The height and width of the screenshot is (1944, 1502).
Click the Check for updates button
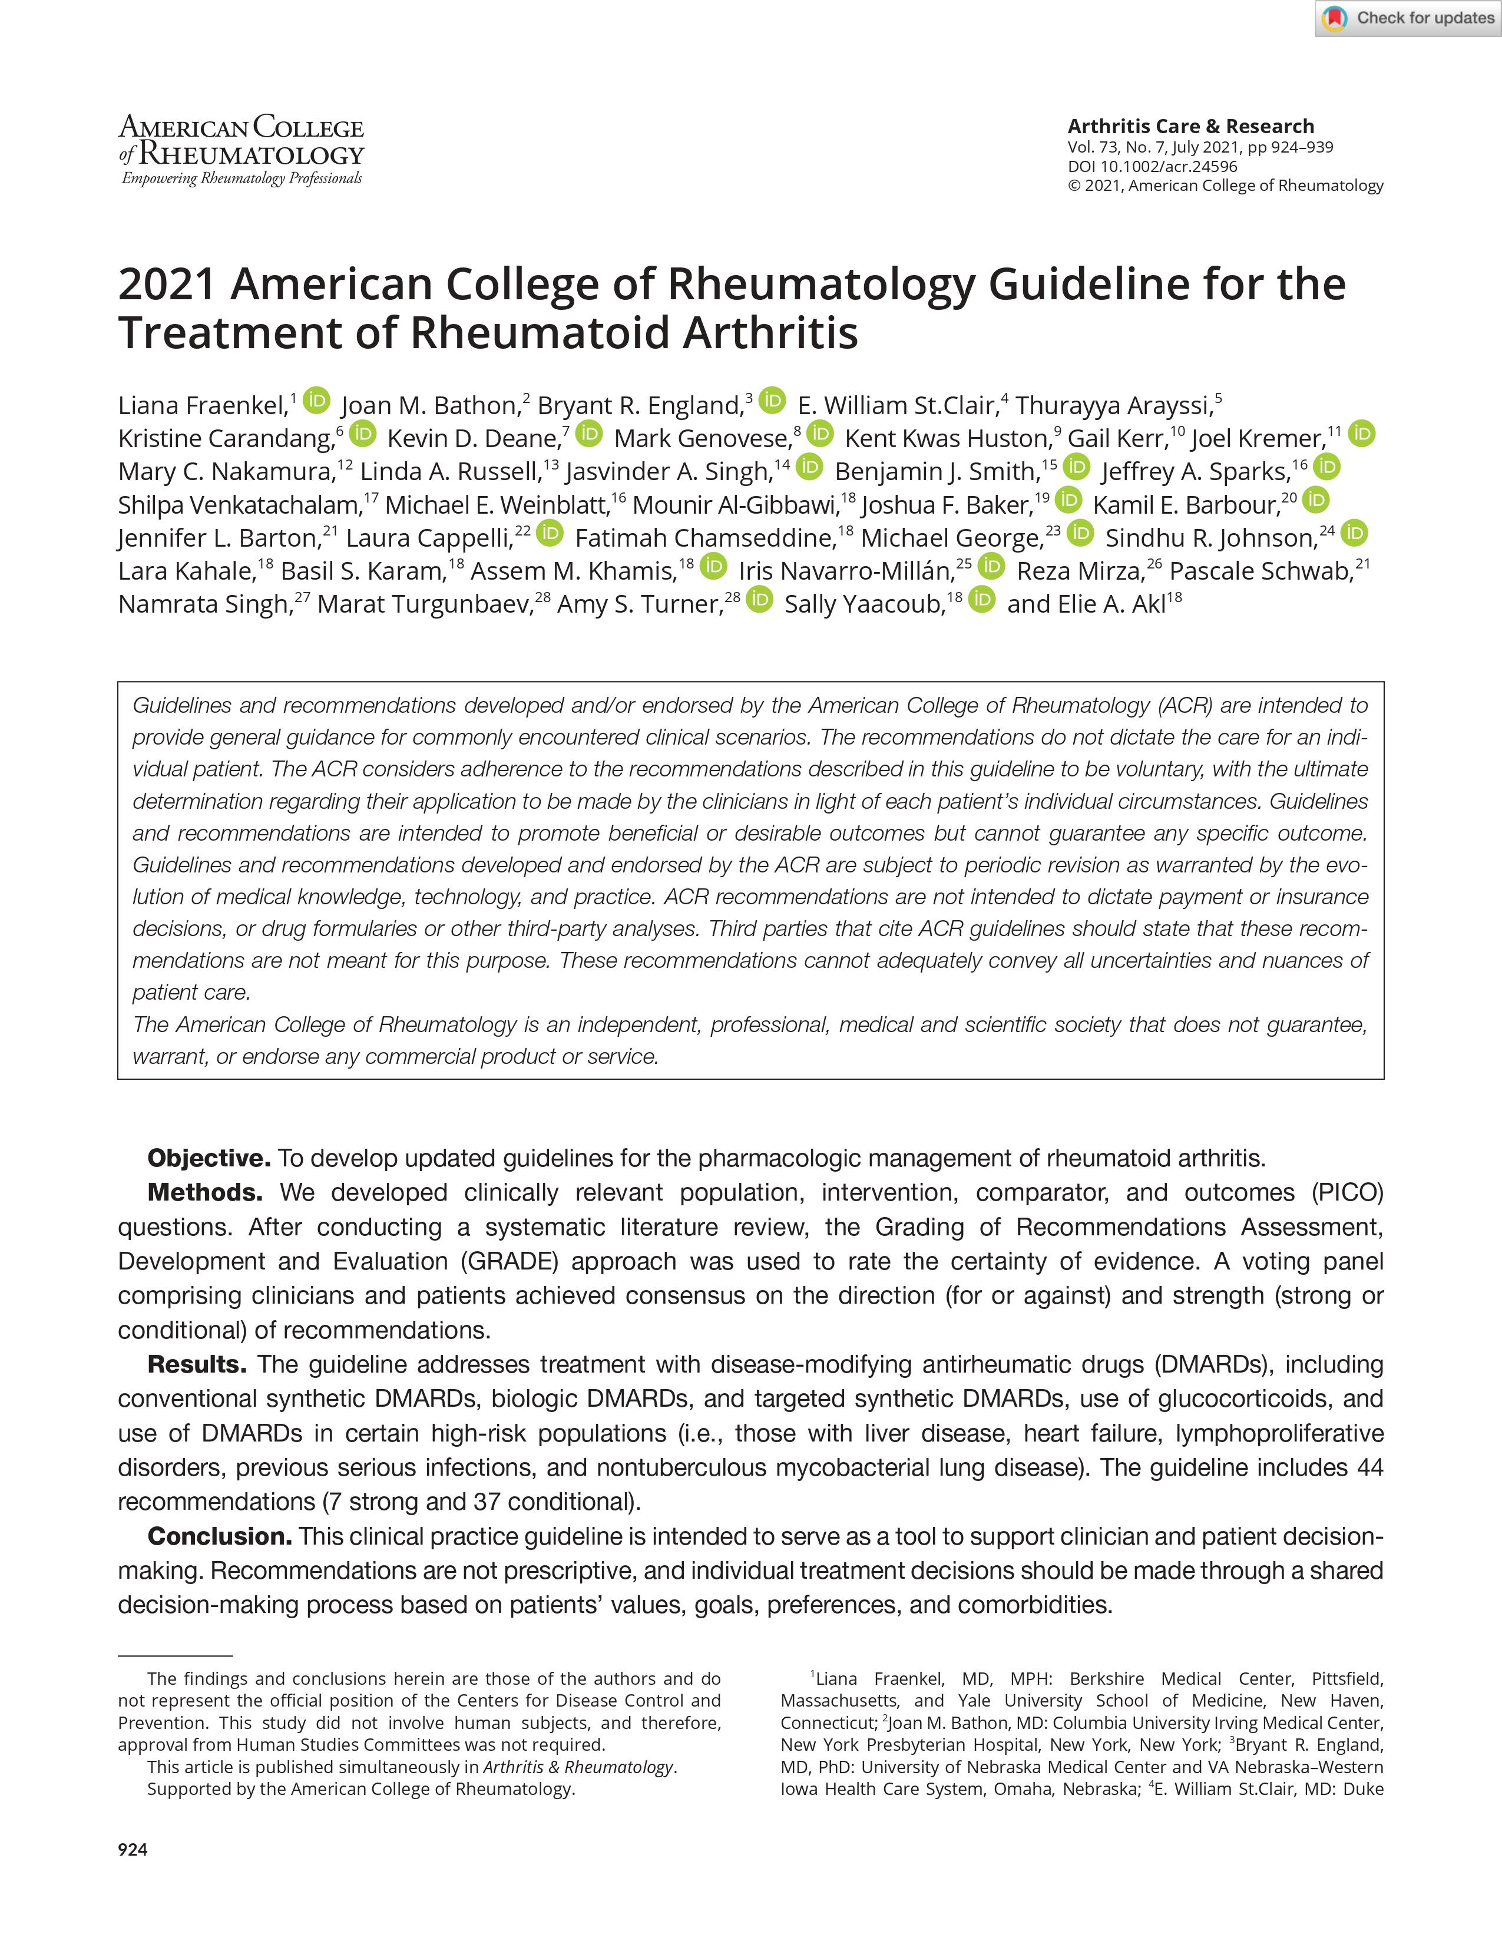point(1408,19)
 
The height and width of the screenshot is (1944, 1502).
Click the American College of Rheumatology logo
point(241,150)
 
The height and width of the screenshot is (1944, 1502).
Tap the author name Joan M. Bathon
point(429,406)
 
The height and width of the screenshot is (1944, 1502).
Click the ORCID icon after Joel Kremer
point(1361,434)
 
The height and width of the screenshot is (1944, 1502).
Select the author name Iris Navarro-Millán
point(845,571)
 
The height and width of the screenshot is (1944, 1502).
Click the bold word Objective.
point(208,1158)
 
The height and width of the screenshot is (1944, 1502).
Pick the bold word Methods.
point(204,1193)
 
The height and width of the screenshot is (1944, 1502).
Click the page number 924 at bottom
point(133,1850)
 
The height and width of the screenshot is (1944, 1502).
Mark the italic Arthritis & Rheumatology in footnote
point(578,1767)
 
